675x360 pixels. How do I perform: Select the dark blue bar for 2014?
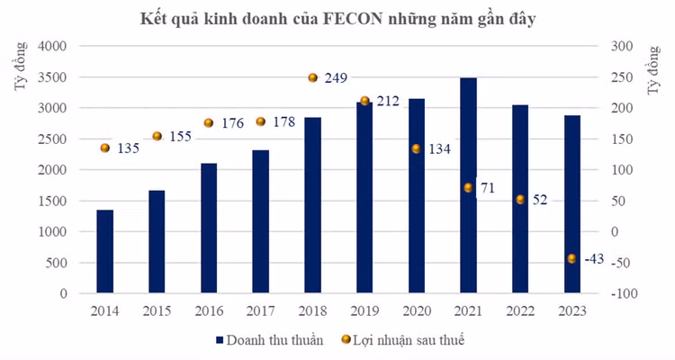[x=104, y=252]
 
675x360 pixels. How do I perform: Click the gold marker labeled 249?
[x=312, y=78]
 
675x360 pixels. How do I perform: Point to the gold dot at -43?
[x=571, y=259]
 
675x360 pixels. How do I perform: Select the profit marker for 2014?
[x=104, y=148]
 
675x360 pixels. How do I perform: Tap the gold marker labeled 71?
[x=468, y=187]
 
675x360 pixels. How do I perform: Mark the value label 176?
[x=232, y=123]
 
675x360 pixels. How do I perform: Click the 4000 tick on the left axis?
[x=54, y=46]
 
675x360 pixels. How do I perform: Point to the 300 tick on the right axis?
[x=623, y=46]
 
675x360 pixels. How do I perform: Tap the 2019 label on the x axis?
[x=364, y=310]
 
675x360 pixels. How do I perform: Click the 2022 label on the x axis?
[x=519, y=310]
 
